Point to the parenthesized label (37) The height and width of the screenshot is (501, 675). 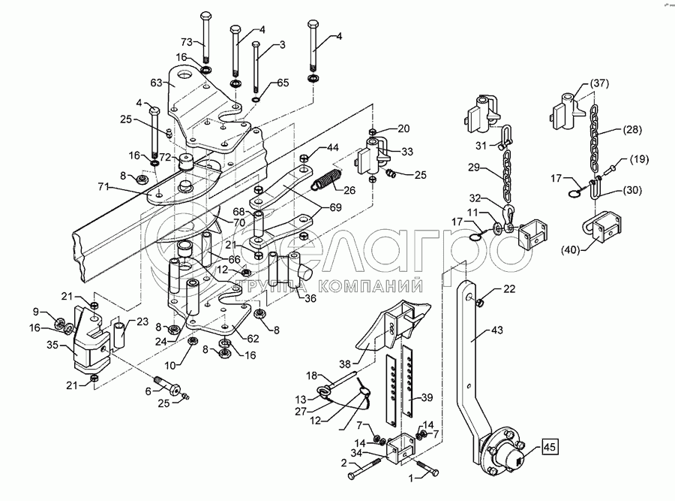pos(599,83)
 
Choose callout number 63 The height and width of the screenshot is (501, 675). pos(157,84)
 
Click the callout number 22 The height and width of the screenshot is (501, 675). pos(510,288)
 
